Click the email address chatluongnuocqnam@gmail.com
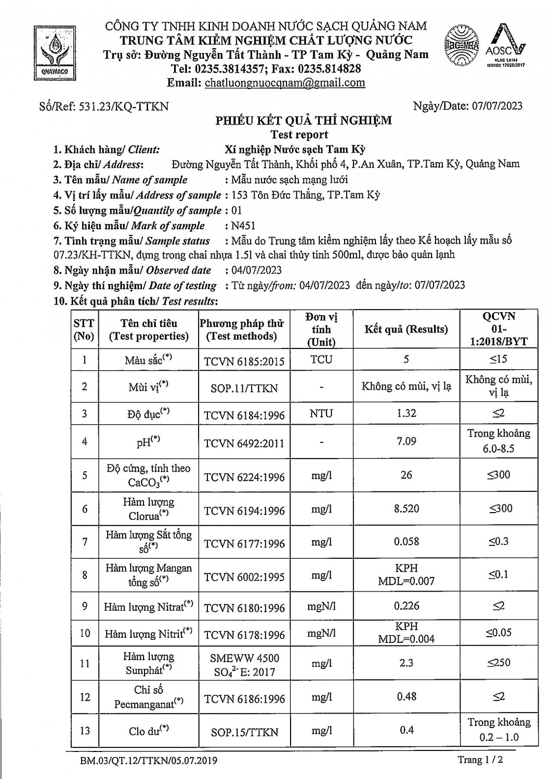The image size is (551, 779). [285, 83]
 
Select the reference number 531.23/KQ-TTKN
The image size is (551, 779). [124, 106]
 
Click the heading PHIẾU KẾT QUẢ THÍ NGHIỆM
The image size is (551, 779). [304, 121]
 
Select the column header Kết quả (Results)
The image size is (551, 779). [406, 329]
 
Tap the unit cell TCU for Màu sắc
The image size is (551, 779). [321, 359]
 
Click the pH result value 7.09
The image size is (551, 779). [406, 441]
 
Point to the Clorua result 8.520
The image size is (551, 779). [406, 508]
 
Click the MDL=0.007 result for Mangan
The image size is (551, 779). [406, 581]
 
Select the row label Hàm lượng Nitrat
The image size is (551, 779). [148, 607]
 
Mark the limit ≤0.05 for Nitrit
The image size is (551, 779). [498, 633]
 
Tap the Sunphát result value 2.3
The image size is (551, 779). [406, 663]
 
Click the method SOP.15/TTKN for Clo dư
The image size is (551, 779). [244, 732]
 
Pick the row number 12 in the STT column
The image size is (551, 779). [85, 697]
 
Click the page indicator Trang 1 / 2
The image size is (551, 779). [480, 760]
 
